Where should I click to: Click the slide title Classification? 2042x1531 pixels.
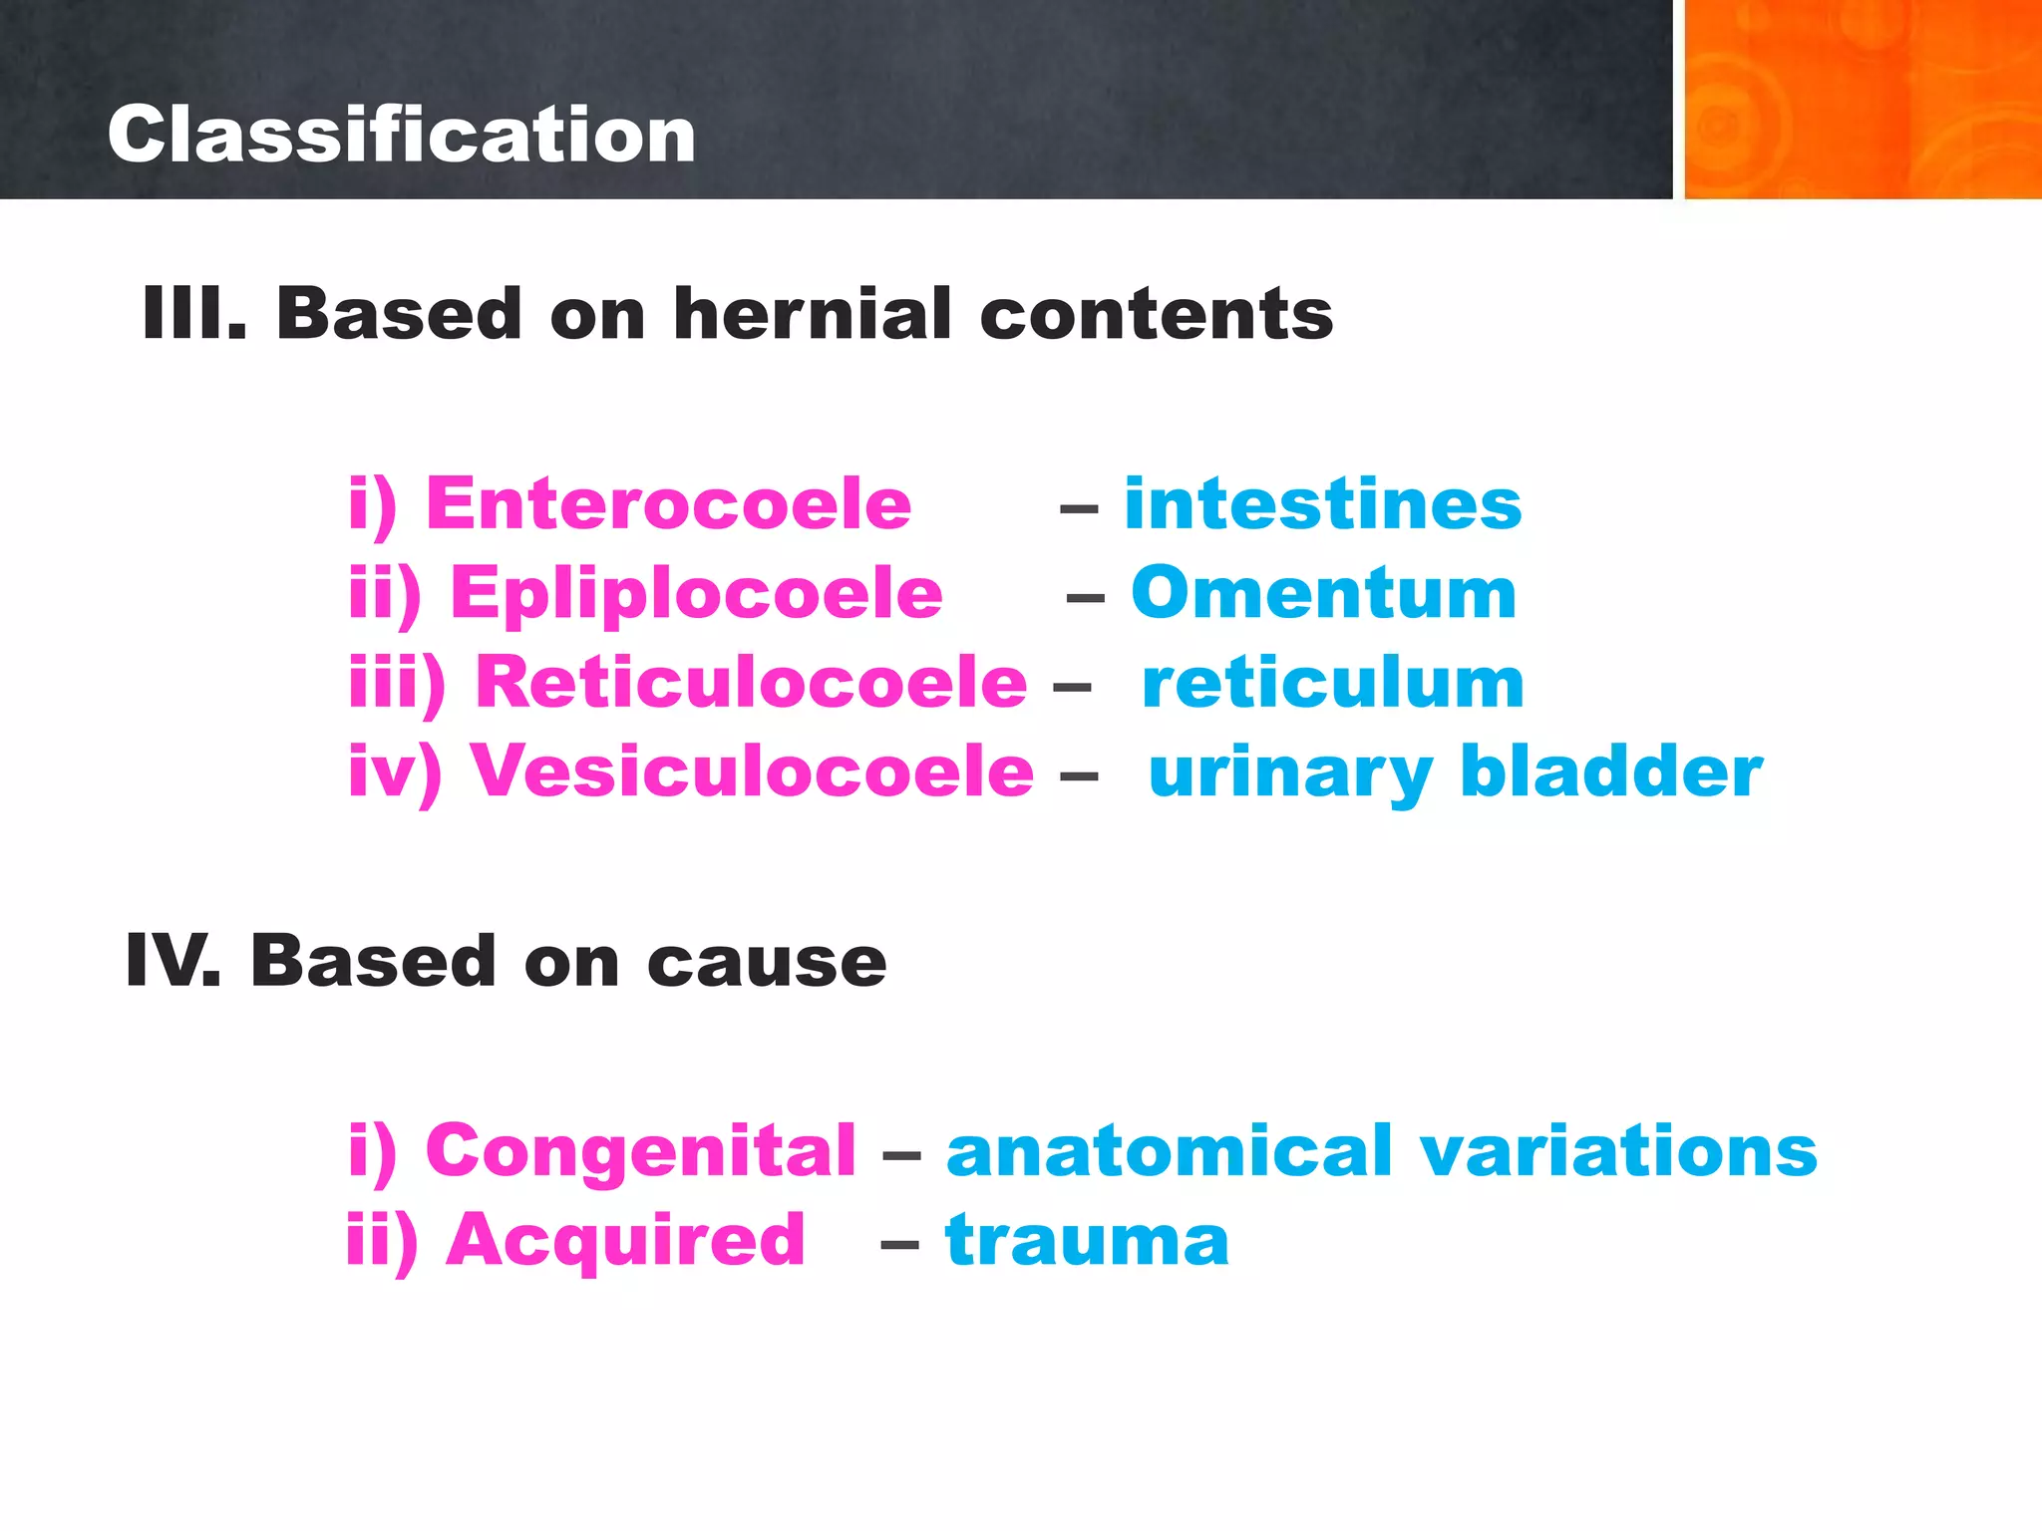[401, 135]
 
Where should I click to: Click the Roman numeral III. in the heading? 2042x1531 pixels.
[194, 314]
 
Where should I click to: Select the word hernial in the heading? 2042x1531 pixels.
[813, 314]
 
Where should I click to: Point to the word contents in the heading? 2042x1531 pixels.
[1157, 314]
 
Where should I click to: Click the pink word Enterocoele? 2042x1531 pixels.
[668, 503]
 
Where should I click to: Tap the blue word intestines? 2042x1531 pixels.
[1323, 503]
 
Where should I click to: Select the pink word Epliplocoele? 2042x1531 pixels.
[696, 593]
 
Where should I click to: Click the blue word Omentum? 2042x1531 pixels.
[1323, 593]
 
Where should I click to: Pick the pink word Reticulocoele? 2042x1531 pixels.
[750, 683]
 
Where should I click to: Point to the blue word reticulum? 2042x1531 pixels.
[1333, 683]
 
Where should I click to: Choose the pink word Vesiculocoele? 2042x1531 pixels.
[752, 771]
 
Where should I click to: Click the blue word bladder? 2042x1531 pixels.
[1611, 771]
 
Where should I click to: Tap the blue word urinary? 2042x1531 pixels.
[1290, 773]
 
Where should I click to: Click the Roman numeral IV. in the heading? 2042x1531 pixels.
[172, 961]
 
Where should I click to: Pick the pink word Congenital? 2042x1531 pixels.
[640, 1151]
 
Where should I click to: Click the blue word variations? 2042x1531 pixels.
[1618, 1151]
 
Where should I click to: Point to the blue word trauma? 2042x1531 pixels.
[1087, 1241]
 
